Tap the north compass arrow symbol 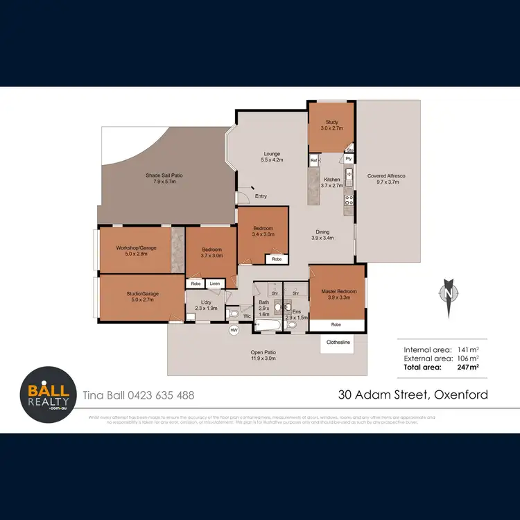coord(449,292)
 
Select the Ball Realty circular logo coord(46,395)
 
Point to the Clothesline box coord(336,341)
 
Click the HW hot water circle coord(234,330)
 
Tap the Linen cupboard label coord(215,284)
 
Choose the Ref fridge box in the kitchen coord(314,160)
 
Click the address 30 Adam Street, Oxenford coord(413,395)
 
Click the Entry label coord(261,196)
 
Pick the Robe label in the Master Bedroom coord(336,324)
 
